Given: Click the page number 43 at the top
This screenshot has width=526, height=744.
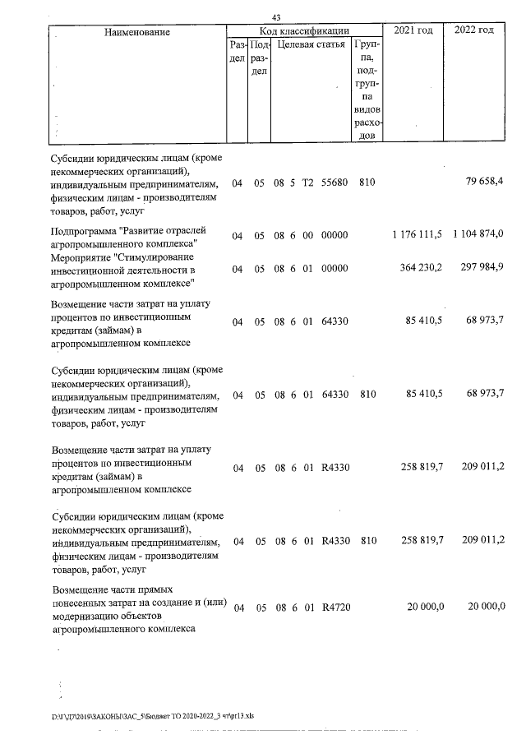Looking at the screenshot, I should click(277, 17).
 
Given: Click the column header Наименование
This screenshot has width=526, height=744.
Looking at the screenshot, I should click(137, 32).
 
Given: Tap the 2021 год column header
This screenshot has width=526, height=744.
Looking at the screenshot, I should click(413, 30).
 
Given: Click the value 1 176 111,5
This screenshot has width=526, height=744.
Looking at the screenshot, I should click(419, 236).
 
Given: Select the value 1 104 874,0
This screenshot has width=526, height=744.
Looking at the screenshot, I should click(478, 236).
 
